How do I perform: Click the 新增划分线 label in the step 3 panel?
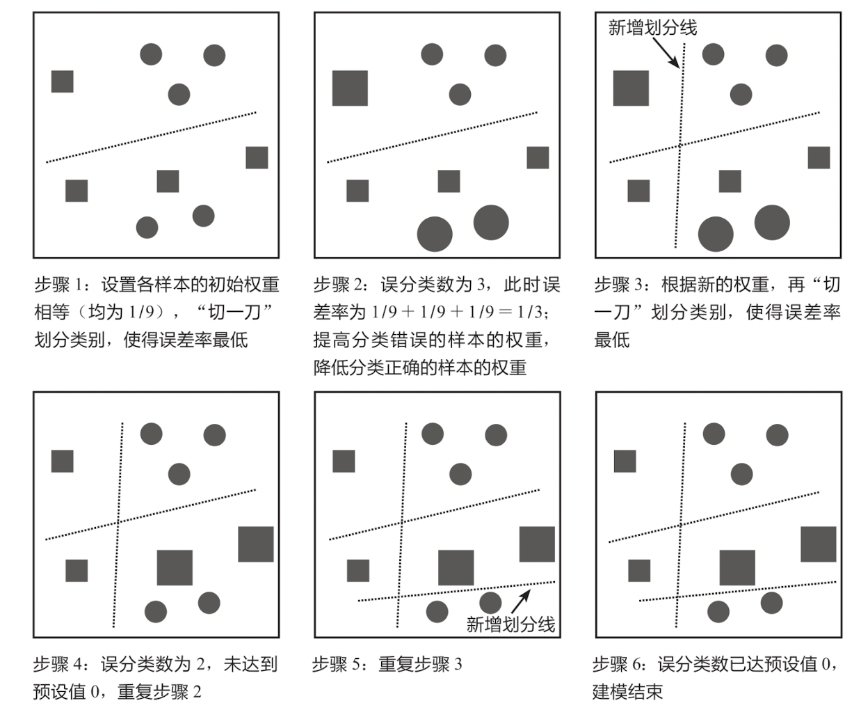pyautogui.click(x=652, y=27)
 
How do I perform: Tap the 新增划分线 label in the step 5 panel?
pyautogui.click(x=510, y=624)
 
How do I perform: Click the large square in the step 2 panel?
pyautogui.click(x=350, y=88)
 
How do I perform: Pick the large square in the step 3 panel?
pyautogui.click(x=631, y=88)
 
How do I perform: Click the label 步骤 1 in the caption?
pyautogui.click(x=58, y=285)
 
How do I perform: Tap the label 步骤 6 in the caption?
pyautogui.click(x=617, y=664)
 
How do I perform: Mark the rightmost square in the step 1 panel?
pyautogui.click(x=257, y=157)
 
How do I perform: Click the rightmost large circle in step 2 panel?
pyautogui.click(x=491, y=223)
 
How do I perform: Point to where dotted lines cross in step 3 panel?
pyautogui.click(x=679, y=145)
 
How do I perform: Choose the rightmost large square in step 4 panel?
pyautogui.click(x=256, y=544)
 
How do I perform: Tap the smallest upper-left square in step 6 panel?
pyautogui.click(x=625, y=461)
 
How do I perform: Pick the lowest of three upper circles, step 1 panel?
pyautogui.click(x=179, y=94)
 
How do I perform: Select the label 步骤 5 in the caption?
pyautogui.click(x=336, y=664)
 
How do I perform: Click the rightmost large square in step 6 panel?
pyautogui.click(x=818, y=544)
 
